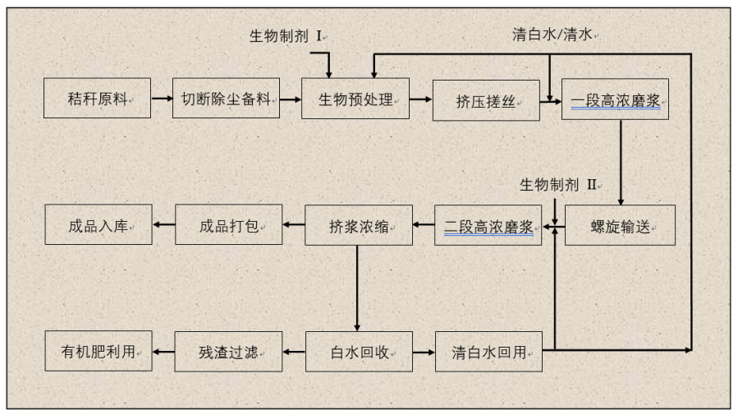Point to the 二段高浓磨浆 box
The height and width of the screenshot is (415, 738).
(488, 225)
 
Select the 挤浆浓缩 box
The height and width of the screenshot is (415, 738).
(359, 225)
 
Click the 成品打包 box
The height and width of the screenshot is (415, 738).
(229, 224)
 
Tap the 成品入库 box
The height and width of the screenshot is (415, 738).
(99, 224)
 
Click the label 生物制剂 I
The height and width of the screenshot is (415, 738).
(287, 36)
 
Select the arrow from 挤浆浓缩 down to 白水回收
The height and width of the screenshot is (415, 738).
(358, 288)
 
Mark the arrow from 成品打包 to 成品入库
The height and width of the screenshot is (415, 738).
(164, 224)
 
